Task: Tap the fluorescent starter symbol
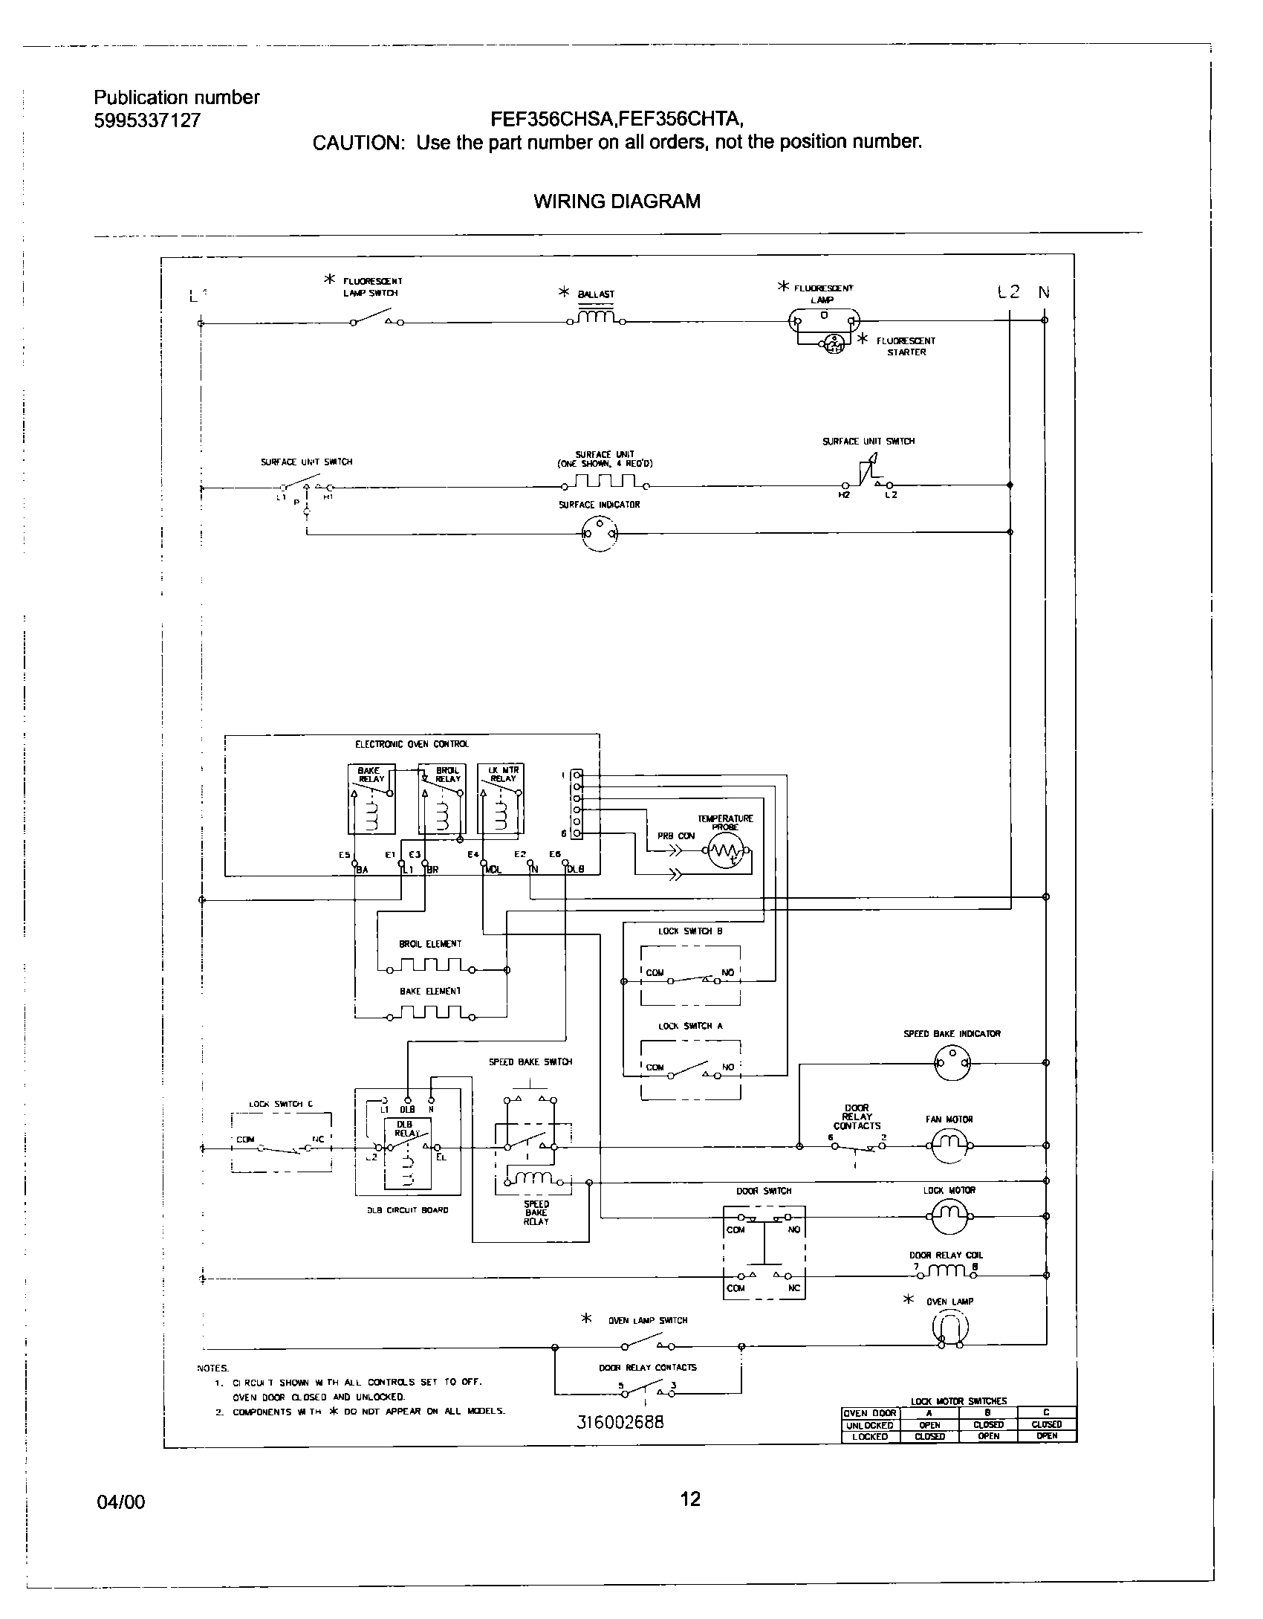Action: coord(833,343)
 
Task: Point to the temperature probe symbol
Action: coord(726,851)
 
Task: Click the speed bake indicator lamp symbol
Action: coord(952,1063)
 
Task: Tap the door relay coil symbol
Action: coord(946,1273)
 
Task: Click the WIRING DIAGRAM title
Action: coord(617,201)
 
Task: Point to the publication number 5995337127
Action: coord(147,121)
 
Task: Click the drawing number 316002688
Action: coord(620,1422)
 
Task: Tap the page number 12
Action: coord(690,1499)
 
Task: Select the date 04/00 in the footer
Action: coord(121,1502)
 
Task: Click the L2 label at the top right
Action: coord(1009,292)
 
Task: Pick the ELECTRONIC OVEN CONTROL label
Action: coord(412,744)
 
